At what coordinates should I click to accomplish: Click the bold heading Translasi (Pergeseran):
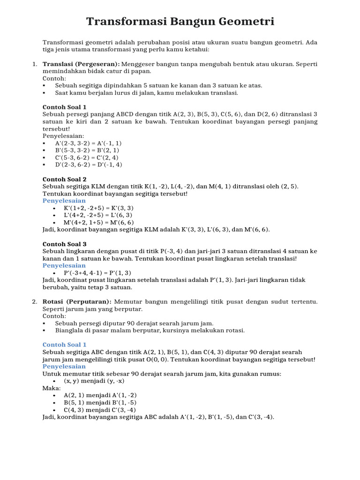[81, 64]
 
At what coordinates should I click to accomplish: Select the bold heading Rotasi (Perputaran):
[77, 301]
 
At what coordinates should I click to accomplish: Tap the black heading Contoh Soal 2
[65, 179]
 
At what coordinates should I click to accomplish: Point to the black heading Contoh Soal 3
[65, 244]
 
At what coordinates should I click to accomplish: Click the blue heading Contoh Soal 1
[65, 345]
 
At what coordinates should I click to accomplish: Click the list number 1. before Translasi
[35, 64]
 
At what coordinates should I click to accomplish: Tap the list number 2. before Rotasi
[35, 301]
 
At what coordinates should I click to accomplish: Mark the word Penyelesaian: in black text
[63, 136]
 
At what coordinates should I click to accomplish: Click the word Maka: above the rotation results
[51, 388]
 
